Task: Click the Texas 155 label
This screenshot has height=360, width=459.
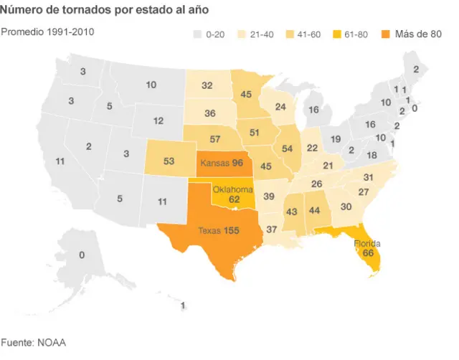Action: coord(219,230)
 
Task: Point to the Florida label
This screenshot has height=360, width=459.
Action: coord(367,243)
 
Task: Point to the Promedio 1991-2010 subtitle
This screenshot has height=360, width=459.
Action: coord(47,32)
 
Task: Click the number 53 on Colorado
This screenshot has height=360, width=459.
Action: coord(169,161)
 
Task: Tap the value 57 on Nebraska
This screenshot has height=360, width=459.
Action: coord(214,138)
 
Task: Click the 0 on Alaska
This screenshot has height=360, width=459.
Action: coord(82,255)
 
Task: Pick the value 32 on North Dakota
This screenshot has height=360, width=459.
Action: coord(207,85)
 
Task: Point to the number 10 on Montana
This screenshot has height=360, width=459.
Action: coord(151,85)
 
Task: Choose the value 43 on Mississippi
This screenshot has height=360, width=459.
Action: coord(292,212)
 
